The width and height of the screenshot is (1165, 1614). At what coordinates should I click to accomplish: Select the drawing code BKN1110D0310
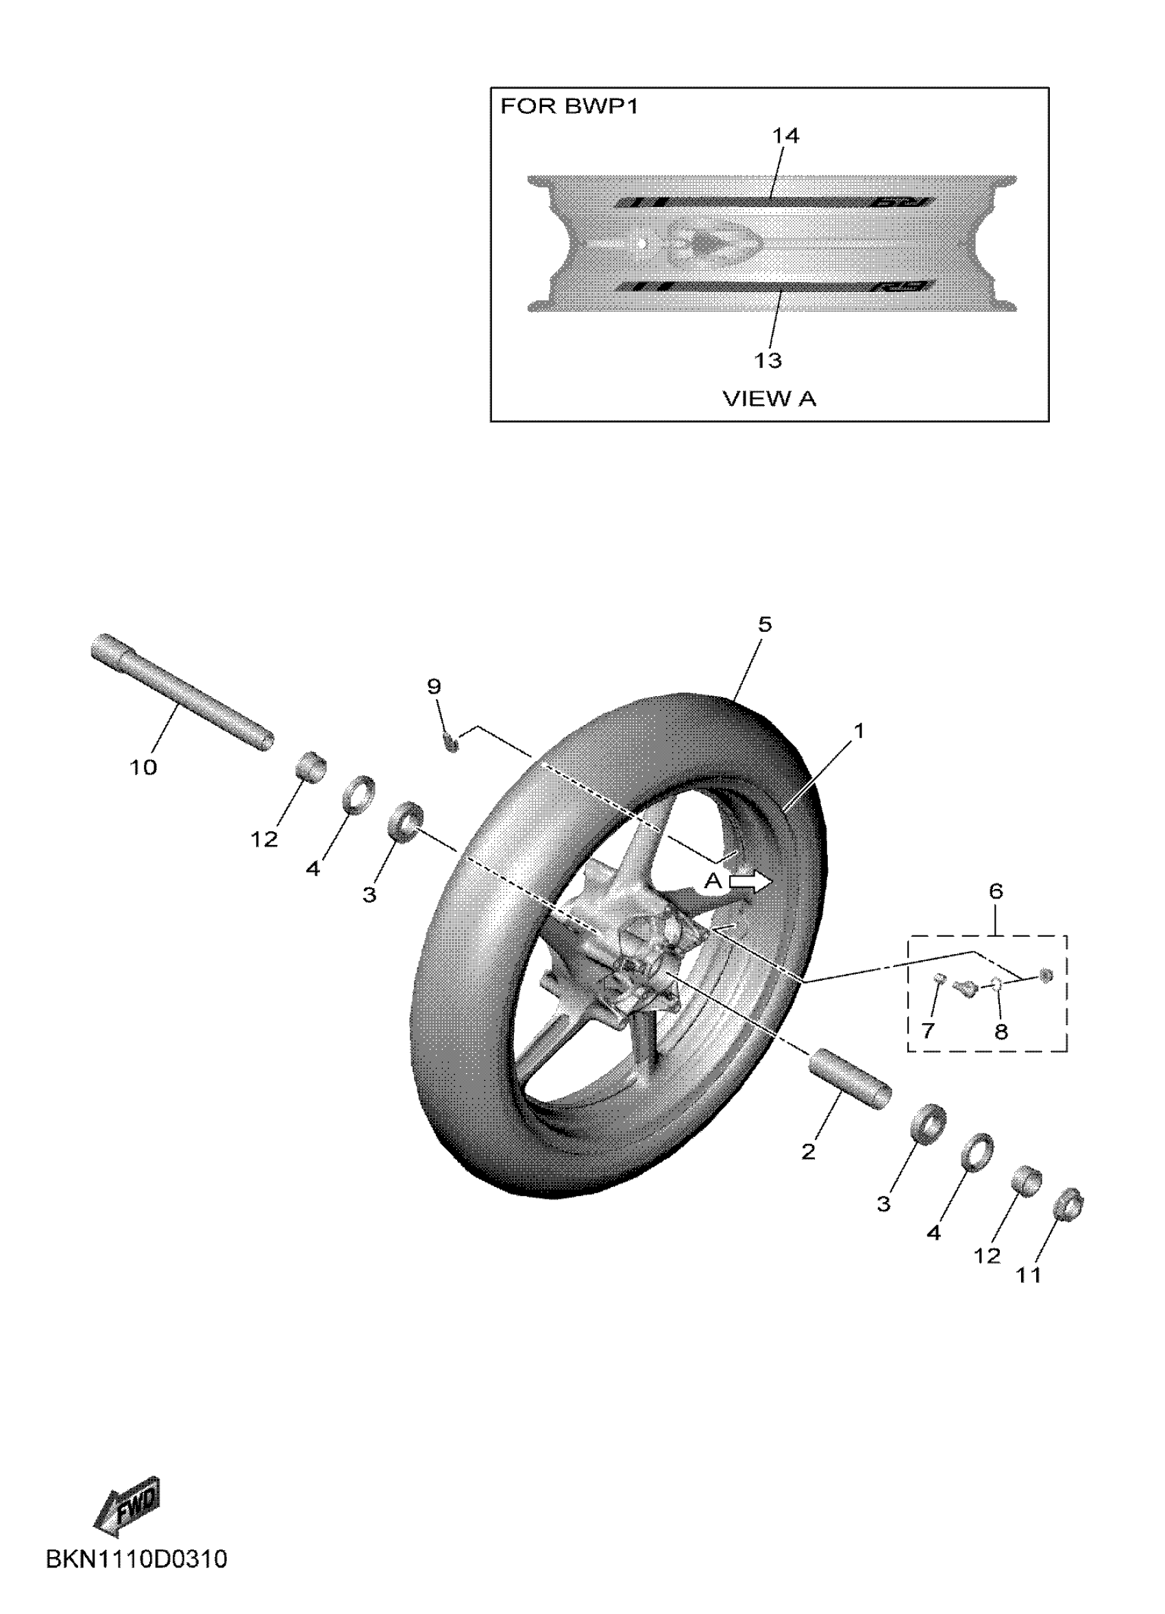click(x=136, y=1579)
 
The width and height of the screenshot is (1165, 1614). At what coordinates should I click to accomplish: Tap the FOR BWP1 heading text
click(x=569, y=106)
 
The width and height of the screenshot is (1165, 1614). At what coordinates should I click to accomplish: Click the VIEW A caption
click(x=770, y=398)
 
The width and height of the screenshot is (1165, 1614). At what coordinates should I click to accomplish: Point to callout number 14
click(x=785, y=135)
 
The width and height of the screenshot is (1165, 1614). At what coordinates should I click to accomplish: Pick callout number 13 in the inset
click(x=768, y=360)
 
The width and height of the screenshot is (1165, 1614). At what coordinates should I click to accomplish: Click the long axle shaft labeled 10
click(x=182, y=691)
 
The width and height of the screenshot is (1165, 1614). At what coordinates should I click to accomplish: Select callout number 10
click(x=143, y=767)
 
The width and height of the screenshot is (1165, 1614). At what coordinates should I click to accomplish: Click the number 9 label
click(x=433, y=687)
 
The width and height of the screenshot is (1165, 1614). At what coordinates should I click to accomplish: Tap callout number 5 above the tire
click(x=764, y=625)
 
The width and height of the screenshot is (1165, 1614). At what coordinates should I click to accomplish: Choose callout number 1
click(x=859, y=731)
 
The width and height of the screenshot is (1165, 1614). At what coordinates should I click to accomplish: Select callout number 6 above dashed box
click(x=996, y=890)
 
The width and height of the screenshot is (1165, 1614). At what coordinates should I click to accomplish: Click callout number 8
click(x=1001, y=1031)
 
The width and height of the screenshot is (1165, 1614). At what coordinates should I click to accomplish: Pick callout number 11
click(x=1029, y=1275)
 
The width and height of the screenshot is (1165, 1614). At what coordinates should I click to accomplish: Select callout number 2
click(x=809, y=1151)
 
